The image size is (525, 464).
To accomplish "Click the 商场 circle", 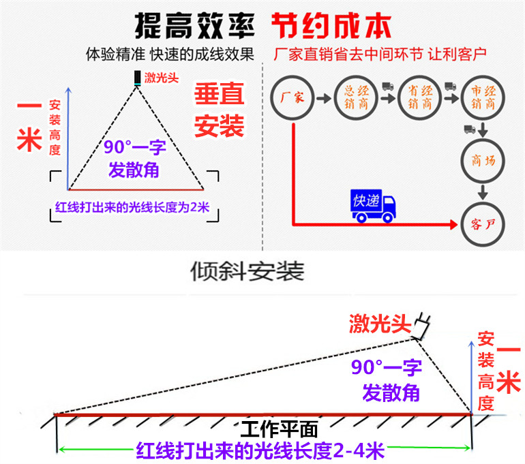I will pos(482,161).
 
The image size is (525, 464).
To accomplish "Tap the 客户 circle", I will pos(482,223).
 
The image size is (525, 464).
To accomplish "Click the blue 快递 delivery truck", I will pos(373,206).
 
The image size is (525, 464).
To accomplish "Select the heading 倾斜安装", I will pos(246,270).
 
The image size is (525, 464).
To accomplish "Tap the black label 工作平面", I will pos(280,429).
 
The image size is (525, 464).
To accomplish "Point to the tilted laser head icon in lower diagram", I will pos(422,328).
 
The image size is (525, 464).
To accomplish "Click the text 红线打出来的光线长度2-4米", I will pos(261,450).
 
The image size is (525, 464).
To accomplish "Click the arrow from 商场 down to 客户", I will pos(482,191).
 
